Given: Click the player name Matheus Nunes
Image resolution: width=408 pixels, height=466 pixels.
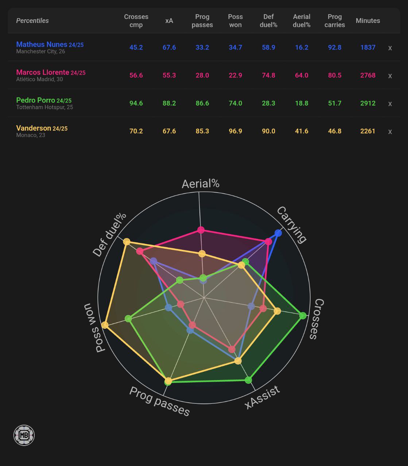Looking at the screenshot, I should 42,44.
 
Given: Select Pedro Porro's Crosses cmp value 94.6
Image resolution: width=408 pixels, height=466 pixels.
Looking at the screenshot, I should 136,103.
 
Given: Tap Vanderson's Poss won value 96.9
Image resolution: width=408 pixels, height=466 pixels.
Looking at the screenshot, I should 235,131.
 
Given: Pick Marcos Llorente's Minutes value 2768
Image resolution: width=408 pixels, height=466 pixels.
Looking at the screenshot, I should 368,75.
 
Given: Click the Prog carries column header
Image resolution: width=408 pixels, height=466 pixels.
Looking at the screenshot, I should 334,21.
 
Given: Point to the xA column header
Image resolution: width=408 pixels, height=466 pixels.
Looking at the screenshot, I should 169,21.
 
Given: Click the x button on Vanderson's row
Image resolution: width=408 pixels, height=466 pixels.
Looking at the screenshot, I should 390,131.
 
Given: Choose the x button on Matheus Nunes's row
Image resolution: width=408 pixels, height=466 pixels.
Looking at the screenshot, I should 390,48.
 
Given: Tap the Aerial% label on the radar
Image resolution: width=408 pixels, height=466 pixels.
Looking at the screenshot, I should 201,184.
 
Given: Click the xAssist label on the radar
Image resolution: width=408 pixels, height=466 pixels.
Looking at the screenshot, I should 262,396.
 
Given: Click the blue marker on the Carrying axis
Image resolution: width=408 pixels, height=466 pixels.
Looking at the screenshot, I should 278,233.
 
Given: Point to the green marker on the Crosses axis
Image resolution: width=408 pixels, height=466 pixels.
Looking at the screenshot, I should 303,316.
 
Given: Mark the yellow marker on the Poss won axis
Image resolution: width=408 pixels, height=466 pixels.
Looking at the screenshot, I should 105,325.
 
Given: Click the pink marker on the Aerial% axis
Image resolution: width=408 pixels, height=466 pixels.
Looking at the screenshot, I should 201,230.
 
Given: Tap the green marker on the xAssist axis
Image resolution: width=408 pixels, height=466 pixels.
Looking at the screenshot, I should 248,380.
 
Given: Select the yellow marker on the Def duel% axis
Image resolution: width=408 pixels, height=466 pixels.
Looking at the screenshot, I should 127,241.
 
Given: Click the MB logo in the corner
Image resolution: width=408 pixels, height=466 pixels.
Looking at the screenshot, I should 24,435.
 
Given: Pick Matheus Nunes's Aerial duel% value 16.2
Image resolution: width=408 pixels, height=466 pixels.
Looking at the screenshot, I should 302,48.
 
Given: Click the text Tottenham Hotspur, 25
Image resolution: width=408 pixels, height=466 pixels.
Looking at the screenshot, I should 44,107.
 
